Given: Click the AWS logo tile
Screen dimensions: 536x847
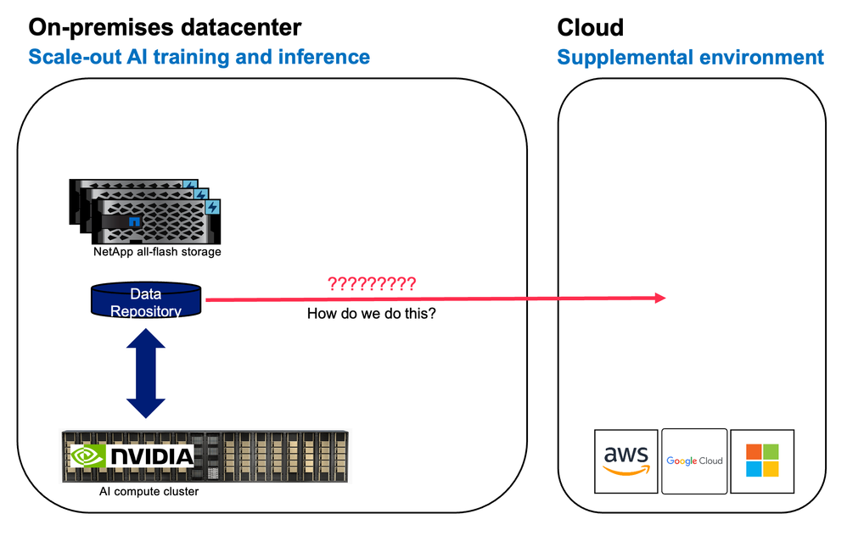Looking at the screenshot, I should tap(626, 461).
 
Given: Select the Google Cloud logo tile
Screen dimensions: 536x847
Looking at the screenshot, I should tap(694, 461).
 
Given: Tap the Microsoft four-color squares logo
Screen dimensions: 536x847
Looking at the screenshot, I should tap(760, 461).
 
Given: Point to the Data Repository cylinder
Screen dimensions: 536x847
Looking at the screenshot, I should tap(146, 302).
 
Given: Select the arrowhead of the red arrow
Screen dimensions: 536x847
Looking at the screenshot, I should tap(659, 298).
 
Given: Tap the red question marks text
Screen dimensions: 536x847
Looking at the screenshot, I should tap(372, 284).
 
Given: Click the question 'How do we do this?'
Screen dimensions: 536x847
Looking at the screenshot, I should tap(372, 314).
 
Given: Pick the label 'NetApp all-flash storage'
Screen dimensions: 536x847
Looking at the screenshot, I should tap(157, 252).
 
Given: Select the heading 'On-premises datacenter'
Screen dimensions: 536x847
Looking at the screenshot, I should tap(165, 27).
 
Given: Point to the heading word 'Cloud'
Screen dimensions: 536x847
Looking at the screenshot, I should tap(590, 27).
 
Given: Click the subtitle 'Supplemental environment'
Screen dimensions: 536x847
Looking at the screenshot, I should tap(690, 58).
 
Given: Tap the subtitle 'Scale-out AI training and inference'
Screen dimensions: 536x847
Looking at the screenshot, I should tap(199, 58).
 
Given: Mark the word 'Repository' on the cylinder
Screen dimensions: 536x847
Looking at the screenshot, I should tap(146, 311).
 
